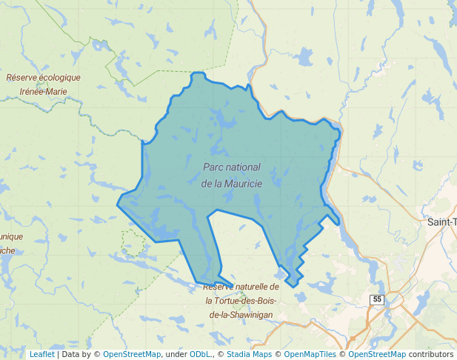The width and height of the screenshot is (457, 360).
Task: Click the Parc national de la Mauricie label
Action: click(x=232, y=175)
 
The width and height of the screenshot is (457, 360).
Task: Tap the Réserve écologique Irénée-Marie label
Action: click(x=44, y=84)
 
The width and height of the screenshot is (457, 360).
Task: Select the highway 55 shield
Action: click(x=378, y=299)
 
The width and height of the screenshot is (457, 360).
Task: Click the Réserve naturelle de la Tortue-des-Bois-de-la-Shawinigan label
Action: click(x=241, y=301)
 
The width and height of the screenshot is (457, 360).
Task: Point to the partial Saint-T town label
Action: click(x=441, y=221)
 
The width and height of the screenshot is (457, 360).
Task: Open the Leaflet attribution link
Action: click(x=41, y=354)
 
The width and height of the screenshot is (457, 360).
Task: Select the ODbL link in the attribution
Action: click(x=200, y=354)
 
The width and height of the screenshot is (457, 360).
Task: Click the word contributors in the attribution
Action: click(x=431, y=354)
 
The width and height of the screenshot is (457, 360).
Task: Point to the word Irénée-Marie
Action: click(x=44, y=92)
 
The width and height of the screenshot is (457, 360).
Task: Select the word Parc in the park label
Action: click(x=213, y=167)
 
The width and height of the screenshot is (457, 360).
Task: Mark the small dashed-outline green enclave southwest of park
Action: click(x=133, y=242)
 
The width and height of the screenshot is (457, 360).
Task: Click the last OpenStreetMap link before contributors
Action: click(x=377, y=354)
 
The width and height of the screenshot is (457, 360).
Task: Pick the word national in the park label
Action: click(x=243, y=167)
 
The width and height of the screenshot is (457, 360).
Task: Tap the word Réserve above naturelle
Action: click(x=220, y=287)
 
